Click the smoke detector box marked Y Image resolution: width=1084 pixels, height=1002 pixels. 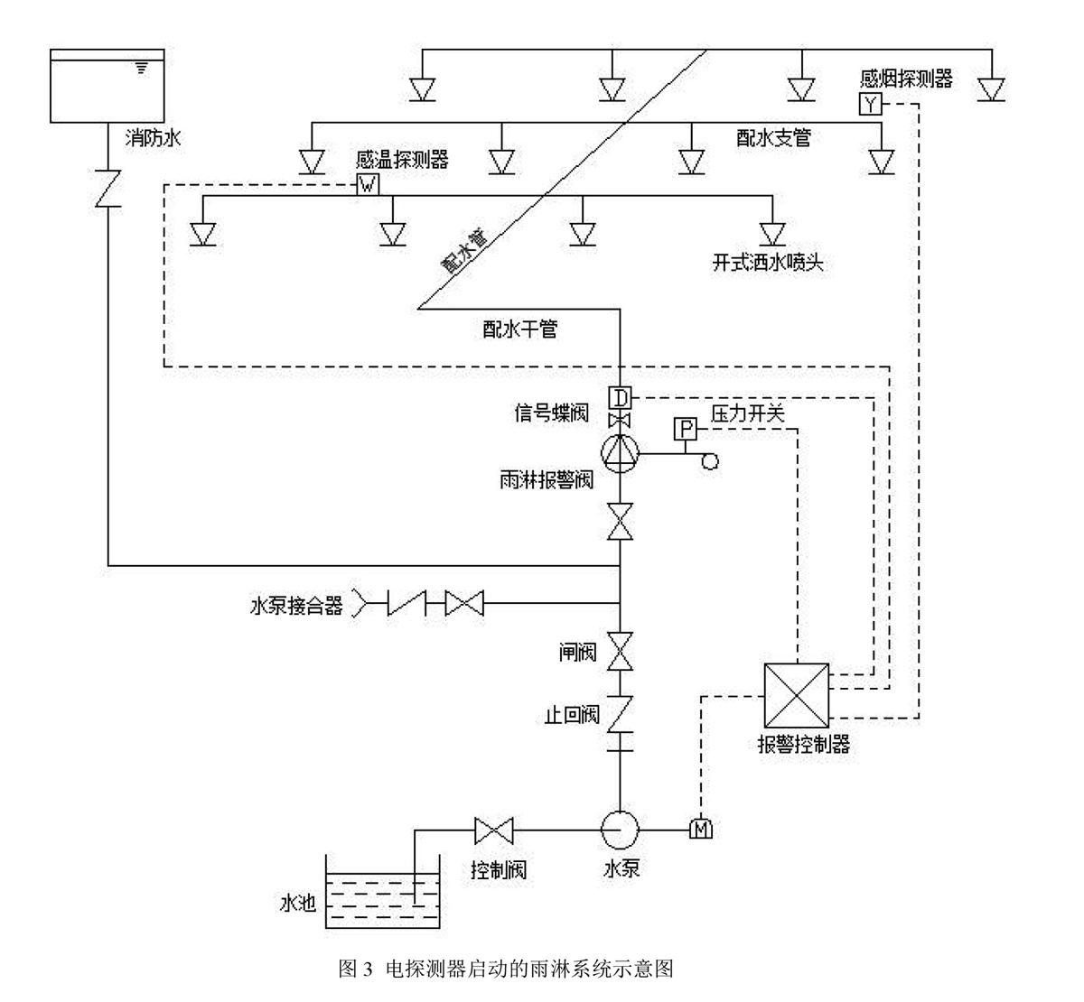(x=869, y=105)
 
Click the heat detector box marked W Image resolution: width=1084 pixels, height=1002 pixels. (x=368, y=185)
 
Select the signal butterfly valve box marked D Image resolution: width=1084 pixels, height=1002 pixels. (x=620, y=397)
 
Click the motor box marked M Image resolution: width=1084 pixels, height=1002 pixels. (x=701, y=828)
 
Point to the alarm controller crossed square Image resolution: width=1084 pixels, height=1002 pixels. (x=796, y=695)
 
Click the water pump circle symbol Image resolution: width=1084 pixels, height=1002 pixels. (x=620, y=828)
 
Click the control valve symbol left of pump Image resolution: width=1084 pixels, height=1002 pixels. (x=493, y=828)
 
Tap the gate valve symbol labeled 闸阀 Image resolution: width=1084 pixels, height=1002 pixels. (x=620, y=651)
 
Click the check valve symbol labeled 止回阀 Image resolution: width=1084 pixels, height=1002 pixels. (x=620, y=713)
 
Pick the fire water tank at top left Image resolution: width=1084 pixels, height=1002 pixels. (x=107, y=86)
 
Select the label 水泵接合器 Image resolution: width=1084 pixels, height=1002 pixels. (x=296, y=606)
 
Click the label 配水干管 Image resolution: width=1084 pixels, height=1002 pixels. (x=520, y=329)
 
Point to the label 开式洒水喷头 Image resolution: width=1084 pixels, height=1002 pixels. (x=768, y=264)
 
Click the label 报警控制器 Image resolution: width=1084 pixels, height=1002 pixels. (x=804, y=746)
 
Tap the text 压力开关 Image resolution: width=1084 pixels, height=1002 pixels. (x=748, y=414)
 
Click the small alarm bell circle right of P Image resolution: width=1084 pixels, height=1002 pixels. (x=710, y=461)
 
